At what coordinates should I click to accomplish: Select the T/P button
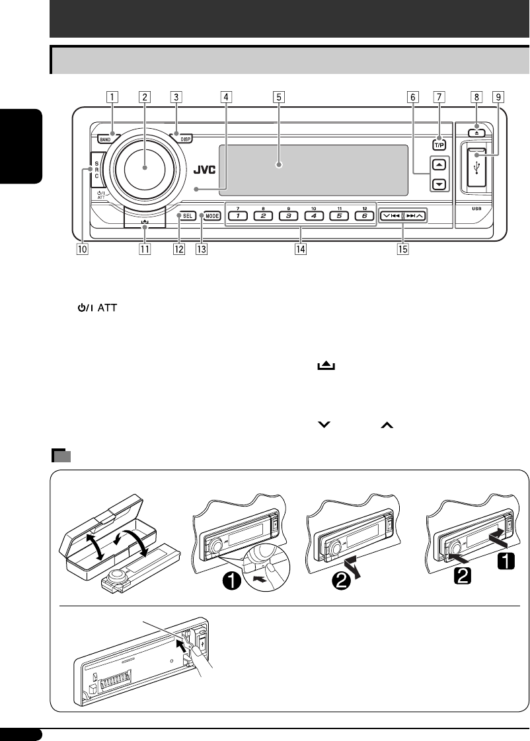(439, 144)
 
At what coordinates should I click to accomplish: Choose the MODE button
(211, 216)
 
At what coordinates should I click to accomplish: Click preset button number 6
(361, 216)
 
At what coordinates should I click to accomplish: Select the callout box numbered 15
(400, 250)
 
